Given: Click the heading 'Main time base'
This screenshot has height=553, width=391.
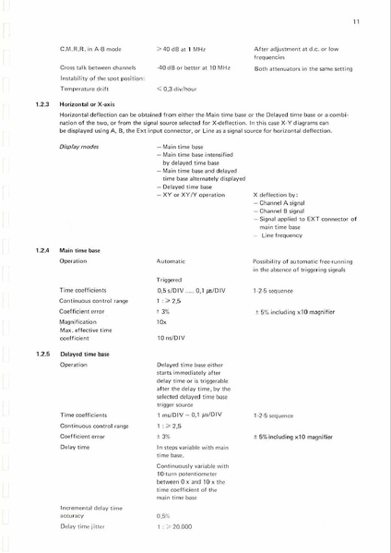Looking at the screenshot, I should (80, 249).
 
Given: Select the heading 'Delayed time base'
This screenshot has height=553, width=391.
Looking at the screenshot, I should (86, 354).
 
